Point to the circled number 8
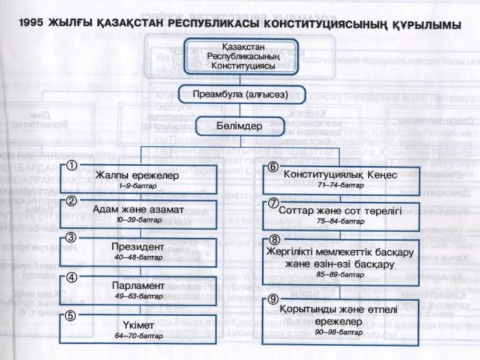point(274,241)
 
